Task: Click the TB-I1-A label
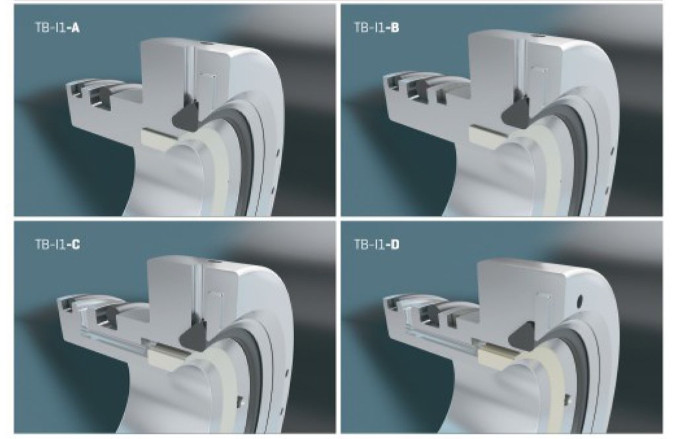tap(57, 28)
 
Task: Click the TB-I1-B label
tap(377, 28)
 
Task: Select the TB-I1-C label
tap(57, 245)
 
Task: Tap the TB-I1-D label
tap(377, 245)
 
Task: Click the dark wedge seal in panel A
tap(186, 115)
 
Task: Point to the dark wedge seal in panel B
tap(517, 114)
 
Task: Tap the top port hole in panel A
tap(204, 44)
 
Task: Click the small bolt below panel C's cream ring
tap(241, 401)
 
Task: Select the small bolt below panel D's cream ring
tap(568, 399)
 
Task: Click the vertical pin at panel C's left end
tap(83, 318)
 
